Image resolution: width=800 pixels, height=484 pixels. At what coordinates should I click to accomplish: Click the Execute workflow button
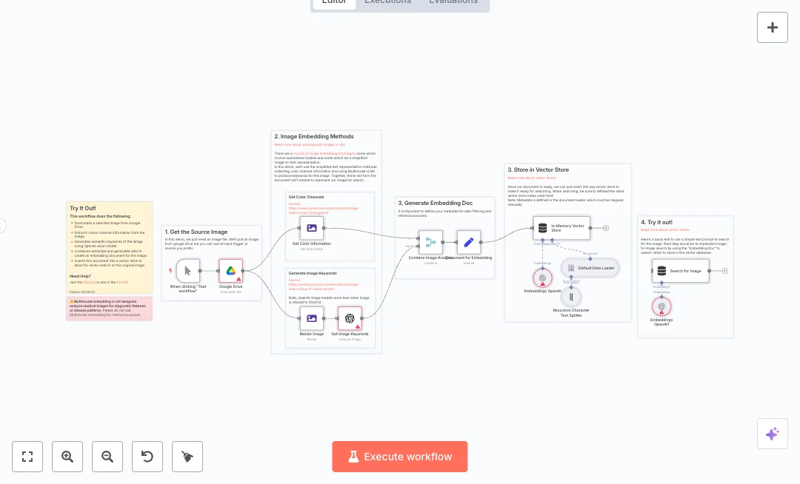(x=400, y=457)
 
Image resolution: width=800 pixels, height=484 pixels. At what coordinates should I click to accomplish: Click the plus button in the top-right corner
(x=773, y=27)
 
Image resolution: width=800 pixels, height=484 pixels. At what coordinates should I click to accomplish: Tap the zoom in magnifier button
(x=67, y=457)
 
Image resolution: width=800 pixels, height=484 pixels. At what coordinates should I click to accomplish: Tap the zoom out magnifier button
(x=107, y=457)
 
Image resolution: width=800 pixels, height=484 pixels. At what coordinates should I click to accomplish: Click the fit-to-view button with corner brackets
(x=27, y=457)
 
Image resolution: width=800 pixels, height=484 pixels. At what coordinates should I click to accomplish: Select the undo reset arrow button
(x=147, y=457)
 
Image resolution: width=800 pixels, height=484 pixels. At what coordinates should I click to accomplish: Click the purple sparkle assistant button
(x=773, y=434)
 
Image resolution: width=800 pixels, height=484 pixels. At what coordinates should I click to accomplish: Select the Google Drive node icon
(x=231, y=271)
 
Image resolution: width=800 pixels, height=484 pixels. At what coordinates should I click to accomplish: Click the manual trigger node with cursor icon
(x=188, y=271)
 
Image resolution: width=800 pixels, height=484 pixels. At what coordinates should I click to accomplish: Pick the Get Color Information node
(x=312, y=228)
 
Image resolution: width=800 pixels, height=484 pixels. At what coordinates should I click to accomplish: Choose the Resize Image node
(x=312, y=319)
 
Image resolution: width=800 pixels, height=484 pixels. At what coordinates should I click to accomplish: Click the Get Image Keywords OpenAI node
(x=350, y=319)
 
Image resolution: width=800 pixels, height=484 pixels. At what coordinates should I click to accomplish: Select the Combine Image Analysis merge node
(x=430, y=242)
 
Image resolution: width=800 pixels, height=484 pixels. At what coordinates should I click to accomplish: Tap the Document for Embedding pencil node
(x=468, y=242)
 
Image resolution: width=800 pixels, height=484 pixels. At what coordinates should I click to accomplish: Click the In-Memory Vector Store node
(x=561, y=228)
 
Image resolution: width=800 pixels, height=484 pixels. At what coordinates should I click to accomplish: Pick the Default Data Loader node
(x=590, y=267)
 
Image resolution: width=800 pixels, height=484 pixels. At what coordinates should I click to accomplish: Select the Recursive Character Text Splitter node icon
(x=571, y=297)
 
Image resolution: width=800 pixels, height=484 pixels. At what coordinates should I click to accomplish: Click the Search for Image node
(x=681, y=271)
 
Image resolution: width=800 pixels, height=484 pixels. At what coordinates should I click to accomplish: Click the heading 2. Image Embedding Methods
(x=314, y=137)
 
